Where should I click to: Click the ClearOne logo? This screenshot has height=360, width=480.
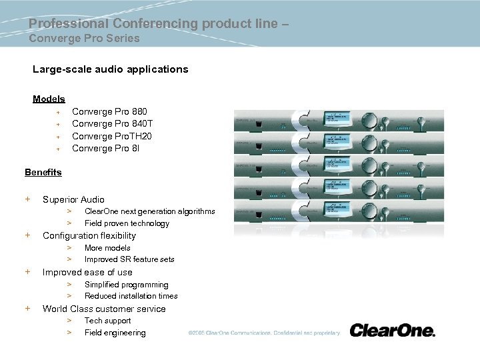click(392, 331)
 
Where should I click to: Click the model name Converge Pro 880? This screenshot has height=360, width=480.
click(109, 111)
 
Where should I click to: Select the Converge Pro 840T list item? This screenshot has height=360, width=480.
click(112, 124)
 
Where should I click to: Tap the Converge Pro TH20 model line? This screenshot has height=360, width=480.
click(111, 136)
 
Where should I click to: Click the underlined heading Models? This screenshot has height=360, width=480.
click(49, 99)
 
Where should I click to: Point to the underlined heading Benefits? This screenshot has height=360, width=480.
click(43, 172)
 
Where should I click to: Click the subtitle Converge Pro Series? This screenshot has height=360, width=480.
click(84, 38)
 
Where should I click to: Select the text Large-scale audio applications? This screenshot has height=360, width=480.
click(111, 69)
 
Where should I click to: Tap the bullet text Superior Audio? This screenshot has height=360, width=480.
click(73, 199)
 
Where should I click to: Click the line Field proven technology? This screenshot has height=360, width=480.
click(127, 223)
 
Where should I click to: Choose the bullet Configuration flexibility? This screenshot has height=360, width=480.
click(89, 235)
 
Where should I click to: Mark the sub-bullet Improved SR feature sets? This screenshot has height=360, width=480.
click(129, 259)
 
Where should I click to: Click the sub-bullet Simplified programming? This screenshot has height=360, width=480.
click(126, 284)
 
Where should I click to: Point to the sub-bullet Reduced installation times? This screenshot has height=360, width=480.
click(131, 296)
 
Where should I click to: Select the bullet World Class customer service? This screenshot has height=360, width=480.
click(104, 309)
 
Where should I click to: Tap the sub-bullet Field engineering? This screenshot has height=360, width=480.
click(115, 333)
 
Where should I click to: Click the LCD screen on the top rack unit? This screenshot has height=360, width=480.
click(341, 118)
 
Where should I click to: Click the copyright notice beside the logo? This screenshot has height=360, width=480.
click(263, 333)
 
